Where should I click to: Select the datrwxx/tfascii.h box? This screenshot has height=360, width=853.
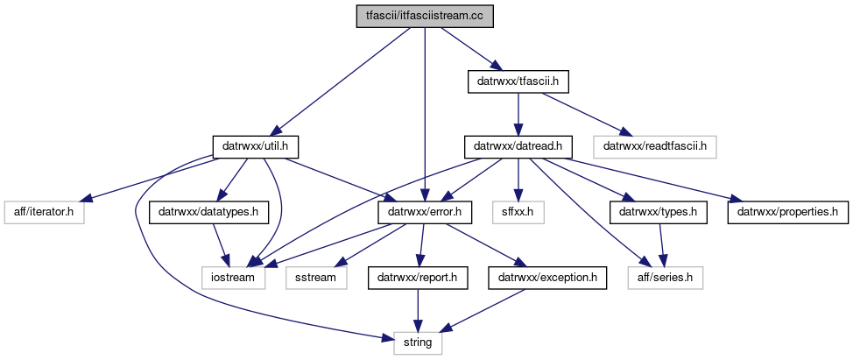coord(518,82)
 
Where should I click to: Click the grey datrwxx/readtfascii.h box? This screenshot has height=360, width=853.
coord(655,146)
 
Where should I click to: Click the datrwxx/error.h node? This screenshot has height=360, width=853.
coord(424,211)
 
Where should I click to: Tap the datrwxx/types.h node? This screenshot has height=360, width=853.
coord(658,211)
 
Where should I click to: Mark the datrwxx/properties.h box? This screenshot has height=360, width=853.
coord(786,211)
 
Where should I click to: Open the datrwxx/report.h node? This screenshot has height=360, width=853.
coord(417,277)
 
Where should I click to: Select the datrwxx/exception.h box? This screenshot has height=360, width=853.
coord(547,277)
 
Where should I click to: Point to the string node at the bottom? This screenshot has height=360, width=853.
coord(418,342)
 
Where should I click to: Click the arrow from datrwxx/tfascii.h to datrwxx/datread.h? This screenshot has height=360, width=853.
coord(518,114)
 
